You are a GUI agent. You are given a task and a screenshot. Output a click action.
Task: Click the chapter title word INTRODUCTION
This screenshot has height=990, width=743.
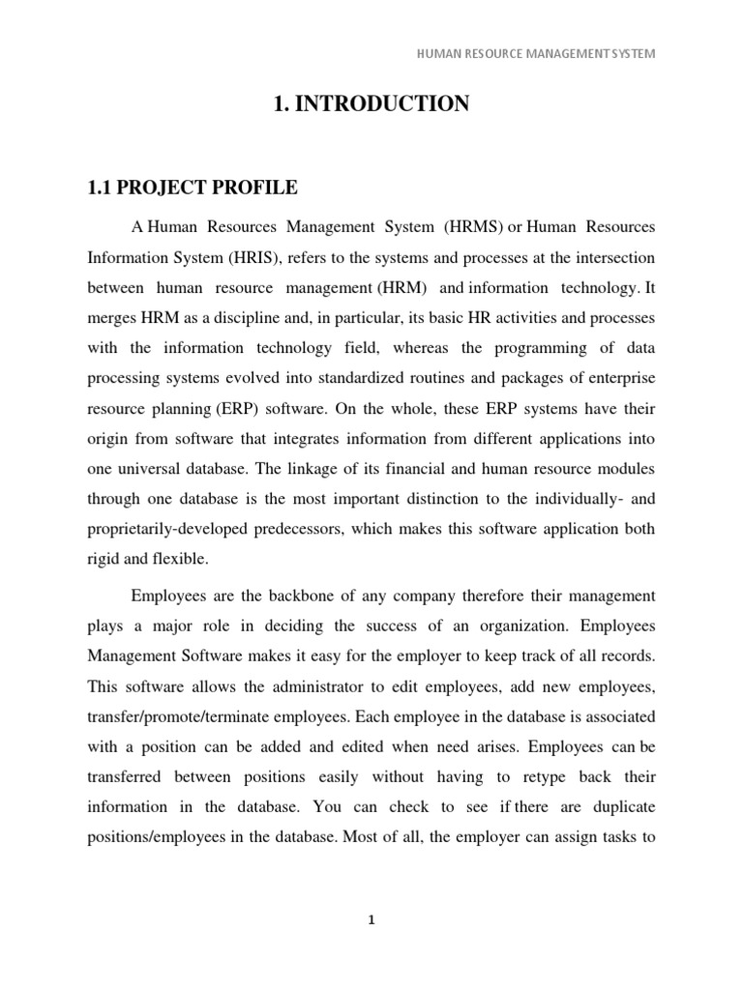pyautogui.click(x=385, y=104)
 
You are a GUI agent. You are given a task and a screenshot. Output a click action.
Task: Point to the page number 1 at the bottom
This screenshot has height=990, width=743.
pyautogui.click(x=371, y=920)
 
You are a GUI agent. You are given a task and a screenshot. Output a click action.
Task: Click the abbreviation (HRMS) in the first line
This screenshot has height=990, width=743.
pyautogui.click(x=473, y=227)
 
